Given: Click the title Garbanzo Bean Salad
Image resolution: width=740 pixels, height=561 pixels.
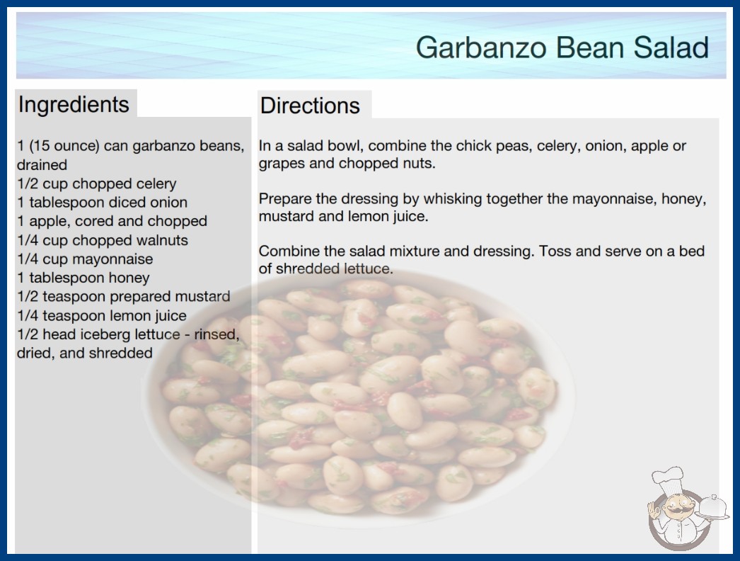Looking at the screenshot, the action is pyautogui.click(x=562, y=47).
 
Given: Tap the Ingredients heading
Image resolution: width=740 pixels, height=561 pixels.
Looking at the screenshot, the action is pyautogui.click(x=74, y=104).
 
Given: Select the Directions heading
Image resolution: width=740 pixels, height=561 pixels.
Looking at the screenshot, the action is pyautogui.click(x=310, y=106).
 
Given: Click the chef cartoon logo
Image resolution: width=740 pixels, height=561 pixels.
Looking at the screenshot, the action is pyautogui.click(x=687, y=508).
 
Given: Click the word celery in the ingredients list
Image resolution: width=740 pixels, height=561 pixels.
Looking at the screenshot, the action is pyautogui.click(x=156, y=183).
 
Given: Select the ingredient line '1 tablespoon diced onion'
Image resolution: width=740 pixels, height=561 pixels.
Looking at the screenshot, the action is pyautogui.click(x=102, y=203).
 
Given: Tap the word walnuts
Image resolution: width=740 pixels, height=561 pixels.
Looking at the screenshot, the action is pyautogui.click(x=162, y=240).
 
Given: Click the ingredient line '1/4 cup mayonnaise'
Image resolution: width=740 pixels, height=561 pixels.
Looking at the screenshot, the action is pyautogui.click(x=85, y=259).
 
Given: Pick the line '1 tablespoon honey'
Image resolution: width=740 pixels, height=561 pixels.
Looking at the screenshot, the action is pyautogui.click(x=83, y=278).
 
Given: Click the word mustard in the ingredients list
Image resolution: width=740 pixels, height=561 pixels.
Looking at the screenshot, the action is pyautogui.click(x=202, y=296).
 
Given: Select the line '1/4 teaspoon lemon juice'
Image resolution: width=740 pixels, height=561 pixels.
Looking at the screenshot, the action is pyautogui.click(x=101, y=315).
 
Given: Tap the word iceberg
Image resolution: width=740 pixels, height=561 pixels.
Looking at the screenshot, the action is pyautogui.click(x=105, y=334).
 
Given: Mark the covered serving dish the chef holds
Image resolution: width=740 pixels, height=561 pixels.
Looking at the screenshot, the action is pyautogui.click(x=713, y=508).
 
